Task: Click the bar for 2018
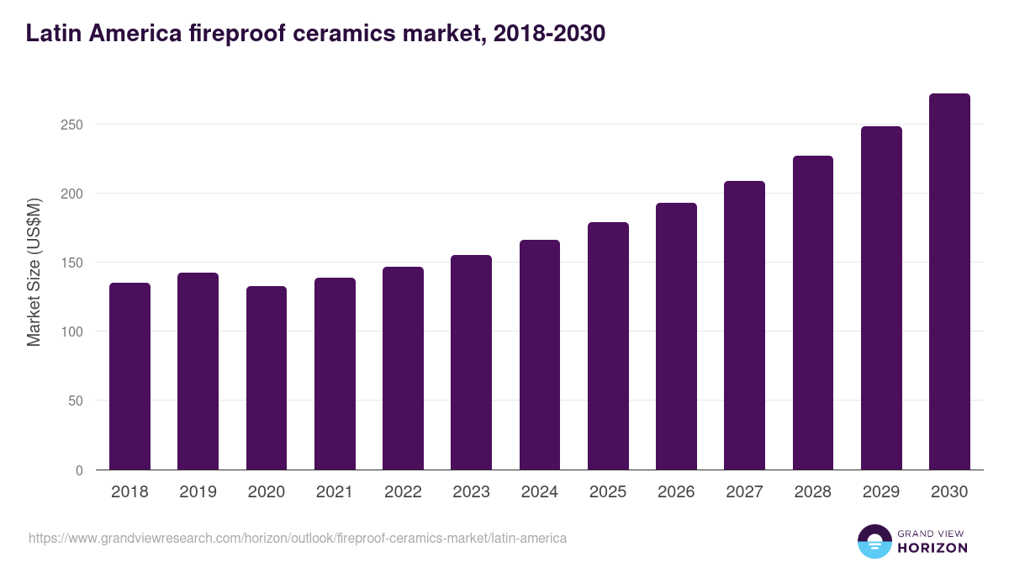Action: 129,376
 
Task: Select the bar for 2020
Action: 267,378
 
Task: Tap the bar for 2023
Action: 471,363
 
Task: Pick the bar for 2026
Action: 676,337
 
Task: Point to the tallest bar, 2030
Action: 949,282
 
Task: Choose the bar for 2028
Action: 812,313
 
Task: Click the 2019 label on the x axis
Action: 198,492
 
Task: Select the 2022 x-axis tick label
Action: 403,492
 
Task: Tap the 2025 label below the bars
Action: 608,492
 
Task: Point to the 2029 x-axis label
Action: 881,492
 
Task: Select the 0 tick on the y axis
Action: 79,470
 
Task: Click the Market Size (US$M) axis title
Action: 34,273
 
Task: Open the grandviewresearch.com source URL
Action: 298,538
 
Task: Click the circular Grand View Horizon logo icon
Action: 874,541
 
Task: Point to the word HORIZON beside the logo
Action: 932,548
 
